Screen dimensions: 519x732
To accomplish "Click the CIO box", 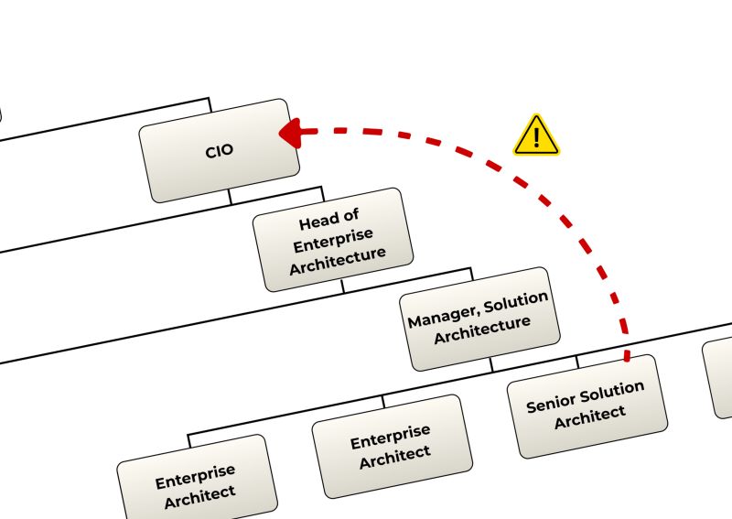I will tap(220, 150).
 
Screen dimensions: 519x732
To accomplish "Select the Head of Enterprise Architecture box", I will tap(333, 239).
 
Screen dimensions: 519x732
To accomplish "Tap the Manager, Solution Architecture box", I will tap(479, 319).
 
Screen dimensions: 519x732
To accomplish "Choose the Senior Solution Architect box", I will tap(587, 405).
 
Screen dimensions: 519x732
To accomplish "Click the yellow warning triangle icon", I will tap(536, 135).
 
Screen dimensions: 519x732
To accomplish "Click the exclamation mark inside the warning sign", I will tap(537, 138).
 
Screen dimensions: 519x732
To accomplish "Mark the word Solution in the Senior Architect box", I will tap(612, 390).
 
